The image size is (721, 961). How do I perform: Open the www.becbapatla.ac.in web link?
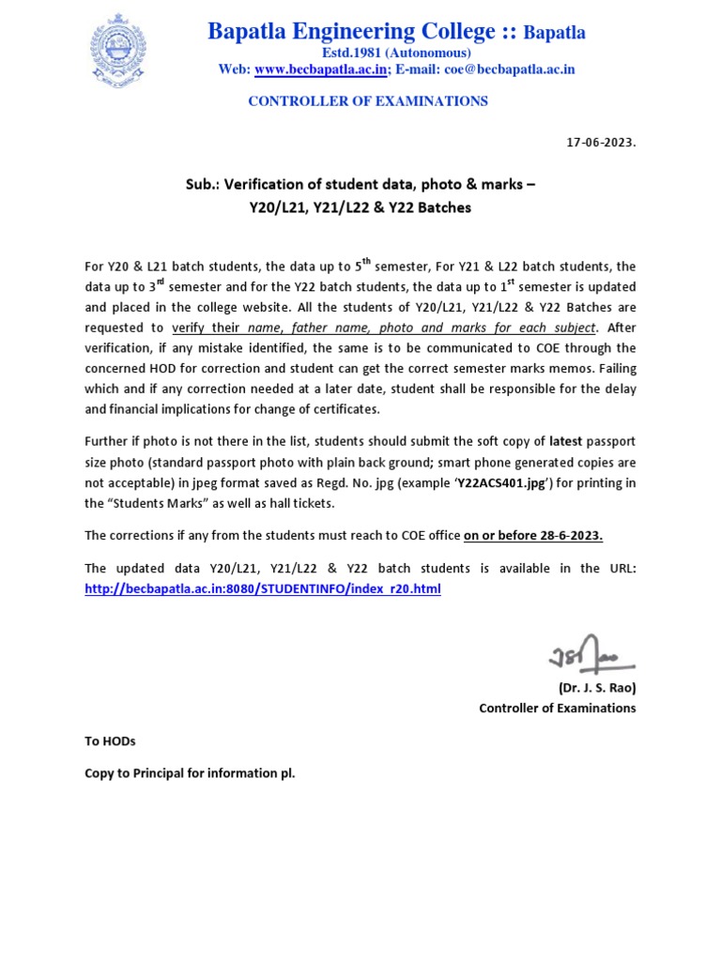(x=320, y=69)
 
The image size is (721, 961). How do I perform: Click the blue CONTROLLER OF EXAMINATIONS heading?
(x=367, y=101)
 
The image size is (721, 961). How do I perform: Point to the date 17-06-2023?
(x=601, y=143)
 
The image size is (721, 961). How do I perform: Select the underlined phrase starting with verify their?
(x=384, y=328)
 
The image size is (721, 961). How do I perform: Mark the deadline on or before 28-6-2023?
(x=533, y=536)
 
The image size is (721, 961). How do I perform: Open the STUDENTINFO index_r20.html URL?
(x=262, y=588)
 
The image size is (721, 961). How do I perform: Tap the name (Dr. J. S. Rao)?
(x=596, y=688)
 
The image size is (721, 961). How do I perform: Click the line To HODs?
(x=110, y=741)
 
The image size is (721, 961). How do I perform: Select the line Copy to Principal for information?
(x=190, y=775)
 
